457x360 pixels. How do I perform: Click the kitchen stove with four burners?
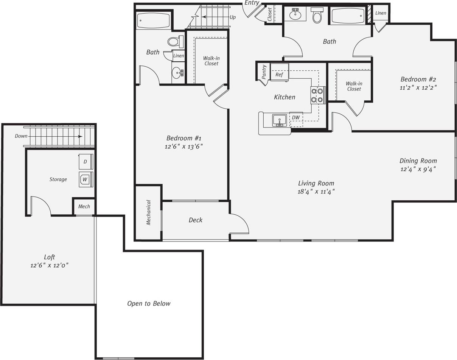318,95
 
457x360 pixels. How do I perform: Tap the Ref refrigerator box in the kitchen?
279,74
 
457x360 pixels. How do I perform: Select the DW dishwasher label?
296,117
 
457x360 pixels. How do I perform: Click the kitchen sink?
280,120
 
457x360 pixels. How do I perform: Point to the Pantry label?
264,72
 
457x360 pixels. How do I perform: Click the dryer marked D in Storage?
85,162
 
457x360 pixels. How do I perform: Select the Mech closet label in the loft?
84,206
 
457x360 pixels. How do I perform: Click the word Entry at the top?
252,3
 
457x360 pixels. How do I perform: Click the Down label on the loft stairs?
21,136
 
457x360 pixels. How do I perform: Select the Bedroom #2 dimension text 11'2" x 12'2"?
418,87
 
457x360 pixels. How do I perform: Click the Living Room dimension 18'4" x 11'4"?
316,192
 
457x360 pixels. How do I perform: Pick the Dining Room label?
418,161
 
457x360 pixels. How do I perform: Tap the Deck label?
196,220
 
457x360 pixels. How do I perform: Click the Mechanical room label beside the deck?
148,212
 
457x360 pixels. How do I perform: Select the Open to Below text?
149,304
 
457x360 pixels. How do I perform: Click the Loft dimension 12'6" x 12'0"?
49,265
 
